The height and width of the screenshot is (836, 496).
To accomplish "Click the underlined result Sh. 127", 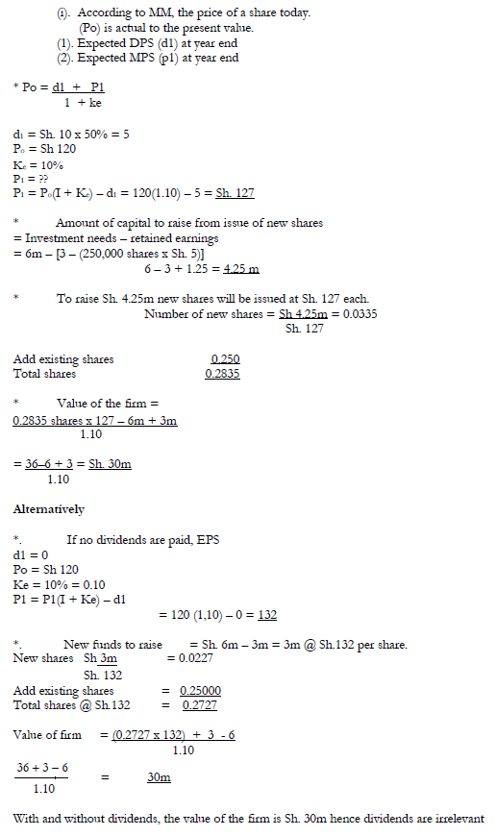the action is coord(235,192).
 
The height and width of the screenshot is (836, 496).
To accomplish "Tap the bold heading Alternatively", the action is coord(48,509).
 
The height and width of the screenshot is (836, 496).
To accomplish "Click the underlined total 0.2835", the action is coord(222,374).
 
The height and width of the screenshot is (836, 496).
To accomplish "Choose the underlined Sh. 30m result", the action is coord(110,464).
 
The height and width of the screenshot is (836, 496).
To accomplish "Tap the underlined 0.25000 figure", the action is coord(191,690).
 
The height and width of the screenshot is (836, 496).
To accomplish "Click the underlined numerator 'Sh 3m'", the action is coord(101,658).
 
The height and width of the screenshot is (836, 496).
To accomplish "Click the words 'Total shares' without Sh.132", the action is coord(44,374).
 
